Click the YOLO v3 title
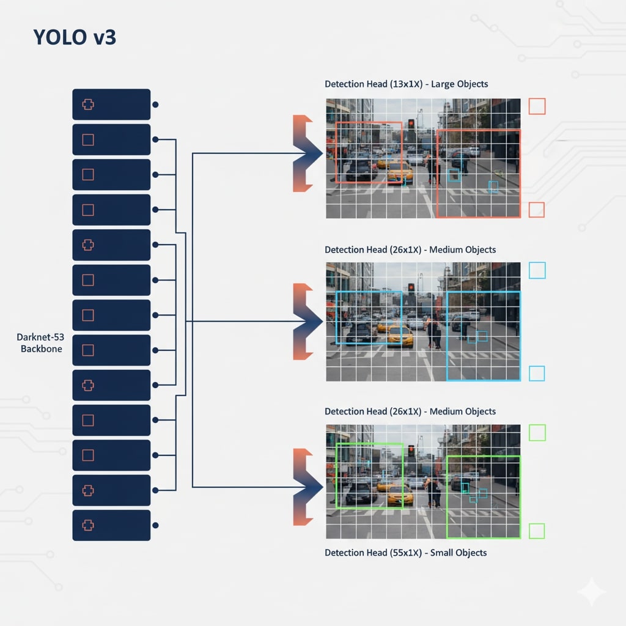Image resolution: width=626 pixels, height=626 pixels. [75, 38]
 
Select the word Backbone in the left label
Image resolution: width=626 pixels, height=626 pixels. [42, 349]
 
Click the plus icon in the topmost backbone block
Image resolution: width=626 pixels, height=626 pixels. [88, 105]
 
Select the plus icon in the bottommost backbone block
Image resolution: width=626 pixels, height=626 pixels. [88, 525]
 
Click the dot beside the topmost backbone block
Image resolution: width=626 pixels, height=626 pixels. [155, 105]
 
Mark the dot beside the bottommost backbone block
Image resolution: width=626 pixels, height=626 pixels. [155, 525]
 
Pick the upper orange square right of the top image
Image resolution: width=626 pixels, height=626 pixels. [537, 106]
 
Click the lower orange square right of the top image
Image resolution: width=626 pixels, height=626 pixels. [537, 210]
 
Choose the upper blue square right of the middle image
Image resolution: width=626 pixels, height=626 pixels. [537, 270]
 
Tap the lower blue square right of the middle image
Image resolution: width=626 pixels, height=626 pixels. [537, 373]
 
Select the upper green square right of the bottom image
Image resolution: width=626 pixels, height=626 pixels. [537, 433]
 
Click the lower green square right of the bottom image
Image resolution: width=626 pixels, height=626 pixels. [537, 531]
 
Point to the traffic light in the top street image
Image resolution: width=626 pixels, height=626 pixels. [411, 123]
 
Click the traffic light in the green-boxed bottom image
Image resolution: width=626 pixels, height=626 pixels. [411, 451]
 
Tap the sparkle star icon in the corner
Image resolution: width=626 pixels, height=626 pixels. [591, 592]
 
